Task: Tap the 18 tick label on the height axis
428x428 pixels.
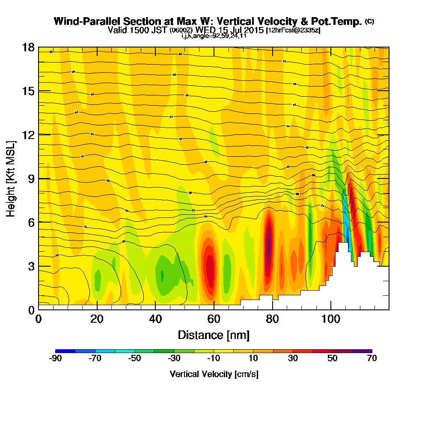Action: [x=28, y=48]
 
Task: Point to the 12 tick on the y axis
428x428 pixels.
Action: [x=28, y=135]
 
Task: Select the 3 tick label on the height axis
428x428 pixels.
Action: [x=31, y=266]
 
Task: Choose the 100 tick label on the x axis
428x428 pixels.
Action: [x=330, y=320]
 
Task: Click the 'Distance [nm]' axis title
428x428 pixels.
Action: [x=214, y=335]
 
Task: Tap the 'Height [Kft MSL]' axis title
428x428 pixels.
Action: [x=11, y=178]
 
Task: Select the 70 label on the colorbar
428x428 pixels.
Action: [x=372, y=359]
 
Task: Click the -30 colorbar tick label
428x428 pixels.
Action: [x=174, y=359]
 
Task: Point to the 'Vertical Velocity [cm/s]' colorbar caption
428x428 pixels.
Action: [x=214, y=374]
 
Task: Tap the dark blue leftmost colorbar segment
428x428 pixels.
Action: [x=65, y=351]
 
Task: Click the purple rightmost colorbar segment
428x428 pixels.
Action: [x=362, y=351]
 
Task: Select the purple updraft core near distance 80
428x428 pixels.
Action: [x=269, y=242]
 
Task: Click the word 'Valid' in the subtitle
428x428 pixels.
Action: [x=117, y=30]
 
